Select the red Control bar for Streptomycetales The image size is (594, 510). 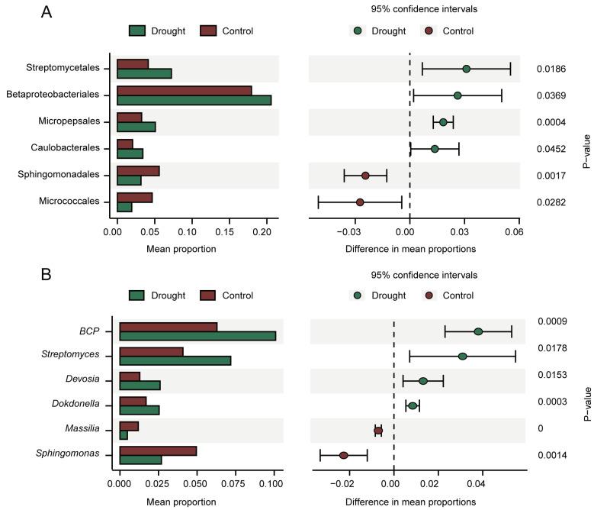coord(132,63)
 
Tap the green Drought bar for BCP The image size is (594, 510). coord(197,336)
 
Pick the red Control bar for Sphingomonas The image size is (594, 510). coord(158,450)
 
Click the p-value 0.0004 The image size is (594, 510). coord(551,122)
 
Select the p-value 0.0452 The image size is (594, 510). coord(551,149)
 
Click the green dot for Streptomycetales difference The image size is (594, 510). coord(466,69)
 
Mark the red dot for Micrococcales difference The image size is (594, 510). coord(360,202)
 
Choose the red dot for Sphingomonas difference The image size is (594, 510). coord(343,455)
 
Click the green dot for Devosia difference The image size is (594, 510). coord(423,380)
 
